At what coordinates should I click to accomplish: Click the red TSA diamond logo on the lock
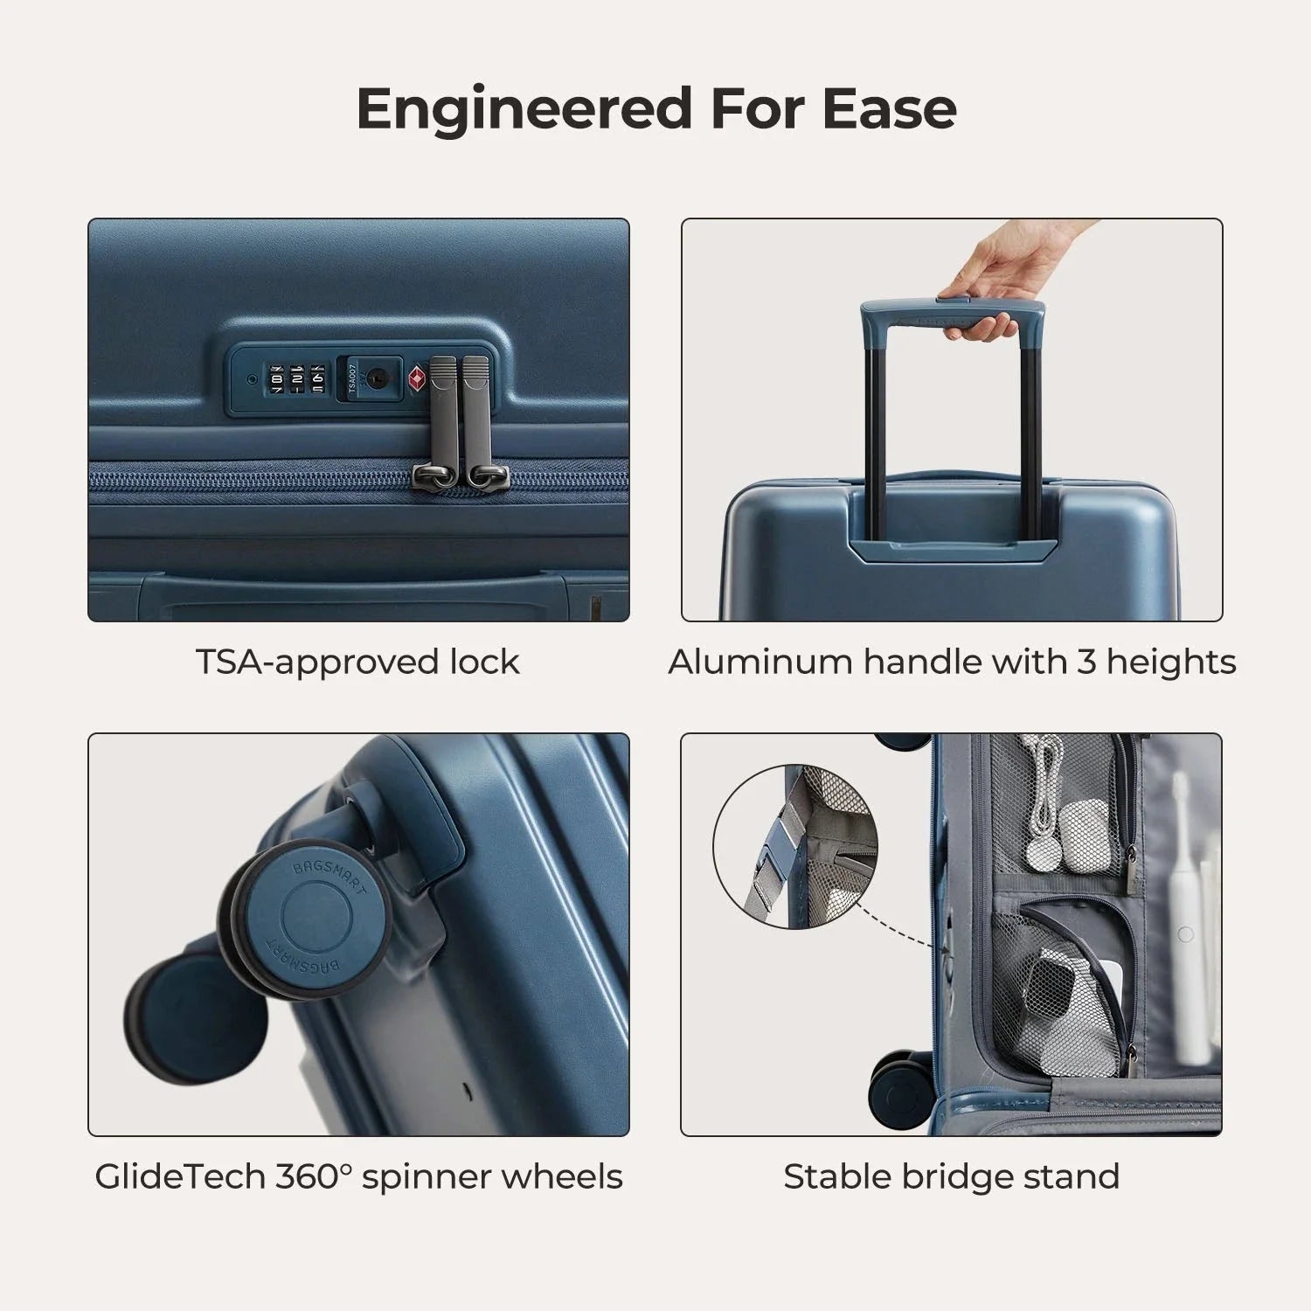coord(416,378)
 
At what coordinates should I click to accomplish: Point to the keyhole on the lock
coord(377,378)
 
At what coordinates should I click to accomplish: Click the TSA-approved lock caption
coord(357,662)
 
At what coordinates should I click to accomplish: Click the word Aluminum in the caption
coord(760,662)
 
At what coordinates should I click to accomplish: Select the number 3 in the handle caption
coord(1086,662)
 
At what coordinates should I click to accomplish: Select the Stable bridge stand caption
coord(951,1176)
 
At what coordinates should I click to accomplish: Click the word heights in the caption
coord(1171,662)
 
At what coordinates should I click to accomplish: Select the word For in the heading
coord(758,108)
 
